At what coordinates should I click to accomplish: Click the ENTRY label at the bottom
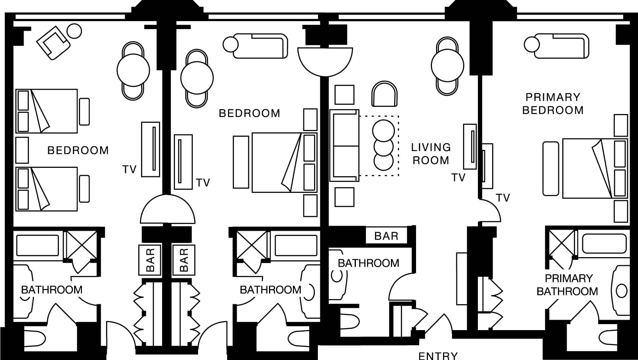438,355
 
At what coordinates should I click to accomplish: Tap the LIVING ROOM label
431,154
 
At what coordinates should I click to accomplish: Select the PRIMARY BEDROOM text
553,104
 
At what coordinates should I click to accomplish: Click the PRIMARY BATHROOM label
567,285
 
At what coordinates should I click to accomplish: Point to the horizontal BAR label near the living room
386,236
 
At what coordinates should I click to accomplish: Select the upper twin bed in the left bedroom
47,111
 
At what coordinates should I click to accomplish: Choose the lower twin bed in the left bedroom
47,189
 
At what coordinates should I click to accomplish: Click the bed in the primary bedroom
594,168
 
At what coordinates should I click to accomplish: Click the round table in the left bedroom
133,70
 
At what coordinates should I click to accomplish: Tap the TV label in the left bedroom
129,169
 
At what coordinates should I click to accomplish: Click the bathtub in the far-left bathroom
37,245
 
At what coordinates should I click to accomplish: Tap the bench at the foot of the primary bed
551,169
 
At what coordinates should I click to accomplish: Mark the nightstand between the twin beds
22,150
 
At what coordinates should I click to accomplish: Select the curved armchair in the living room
385,94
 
